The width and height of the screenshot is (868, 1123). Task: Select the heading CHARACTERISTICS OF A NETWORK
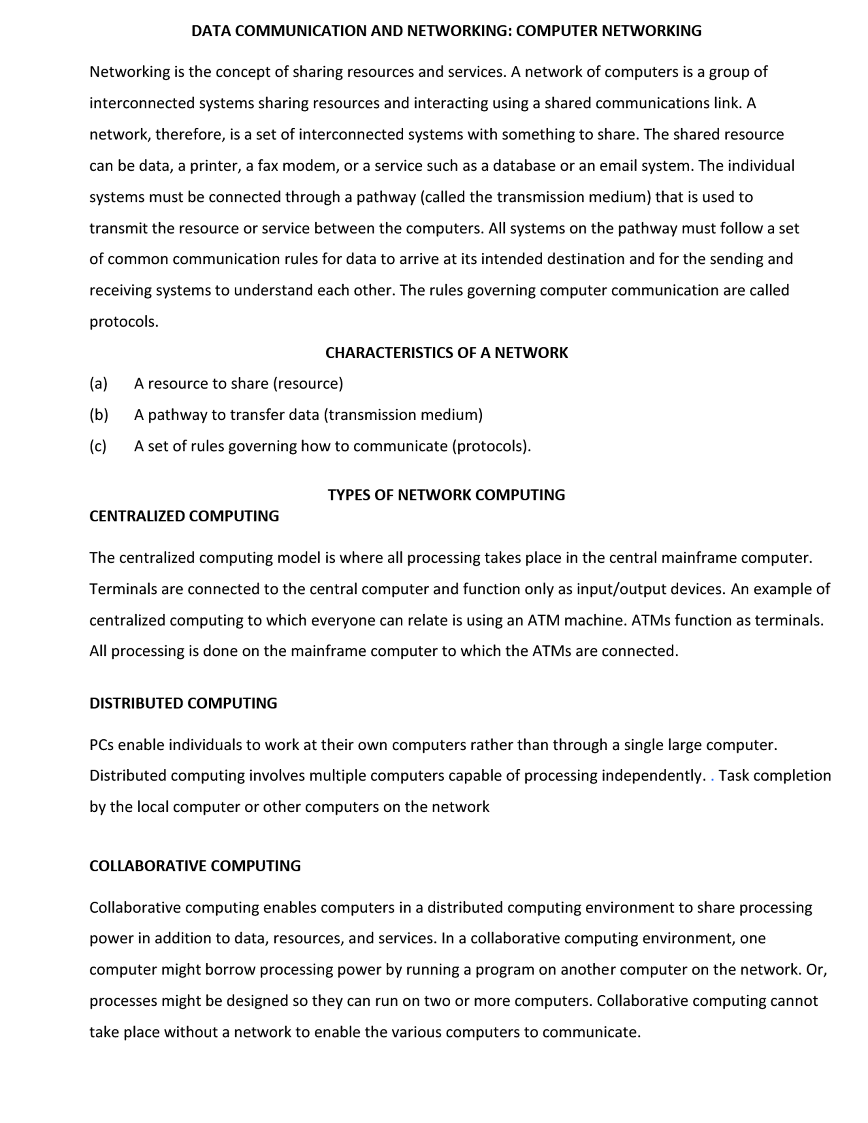[446, 353]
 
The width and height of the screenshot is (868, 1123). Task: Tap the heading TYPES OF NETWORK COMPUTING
[446, 495]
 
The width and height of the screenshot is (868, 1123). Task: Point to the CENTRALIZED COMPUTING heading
[184, 516]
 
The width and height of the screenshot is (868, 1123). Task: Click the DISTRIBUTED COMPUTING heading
[183, 703]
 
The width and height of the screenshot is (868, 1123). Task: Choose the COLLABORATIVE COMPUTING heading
[195, 865]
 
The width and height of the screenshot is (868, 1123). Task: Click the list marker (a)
[98, 384]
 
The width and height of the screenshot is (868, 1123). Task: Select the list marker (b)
[99, 414]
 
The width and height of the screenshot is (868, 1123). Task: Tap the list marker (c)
[98, 446]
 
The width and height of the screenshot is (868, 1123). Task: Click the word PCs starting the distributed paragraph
[101, 745]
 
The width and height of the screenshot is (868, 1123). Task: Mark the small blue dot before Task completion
[712, 780]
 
